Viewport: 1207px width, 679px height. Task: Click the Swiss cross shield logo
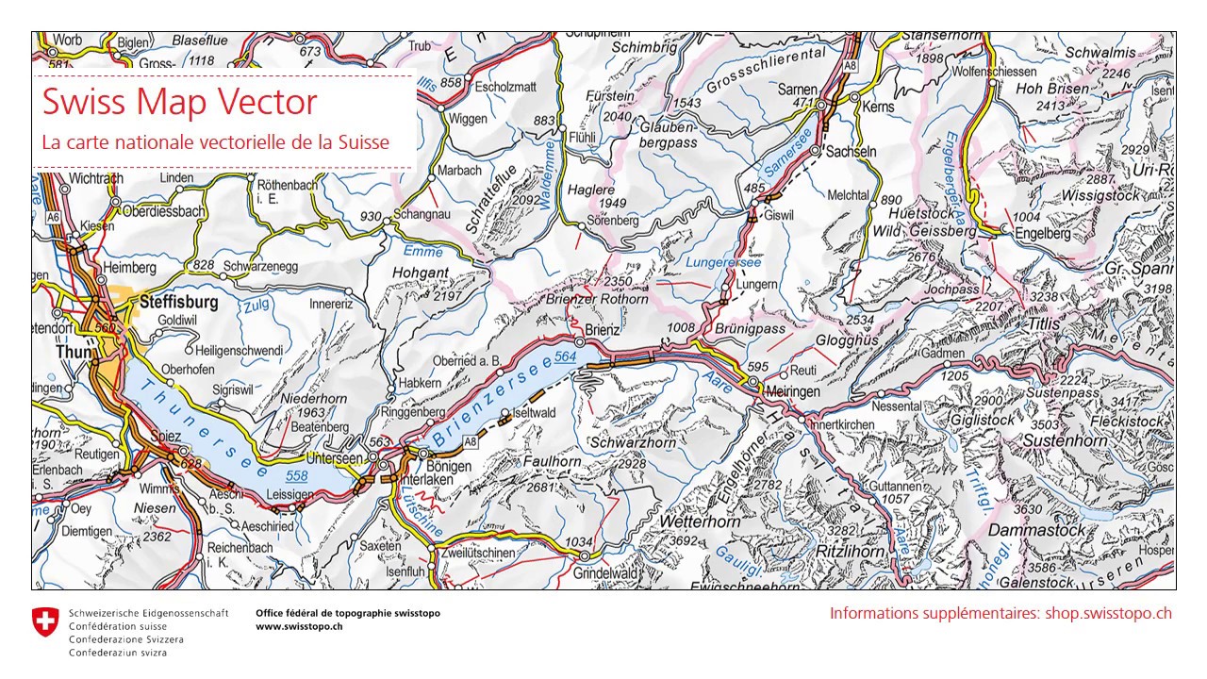coord(44,621)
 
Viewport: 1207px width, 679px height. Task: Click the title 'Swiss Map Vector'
coord(179,102)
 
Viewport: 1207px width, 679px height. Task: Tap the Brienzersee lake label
coord(491,402)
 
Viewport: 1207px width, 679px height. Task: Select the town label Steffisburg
coord(178,303)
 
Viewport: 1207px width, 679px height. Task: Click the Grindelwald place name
coord(606,572)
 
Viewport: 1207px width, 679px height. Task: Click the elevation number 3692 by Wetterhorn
coord(682,541)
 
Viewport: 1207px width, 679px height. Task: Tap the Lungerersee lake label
coord(723,262)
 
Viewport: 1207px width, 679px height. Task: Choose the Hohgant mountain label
coord(421,273)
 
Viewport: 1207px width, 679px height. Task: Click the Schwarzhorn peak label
coord(633,442)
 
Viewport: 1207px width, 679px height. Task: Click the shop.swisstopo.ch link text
coord(1108,613)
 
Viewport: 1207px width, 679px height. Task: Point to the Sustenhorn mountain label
coord(1064,440)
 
